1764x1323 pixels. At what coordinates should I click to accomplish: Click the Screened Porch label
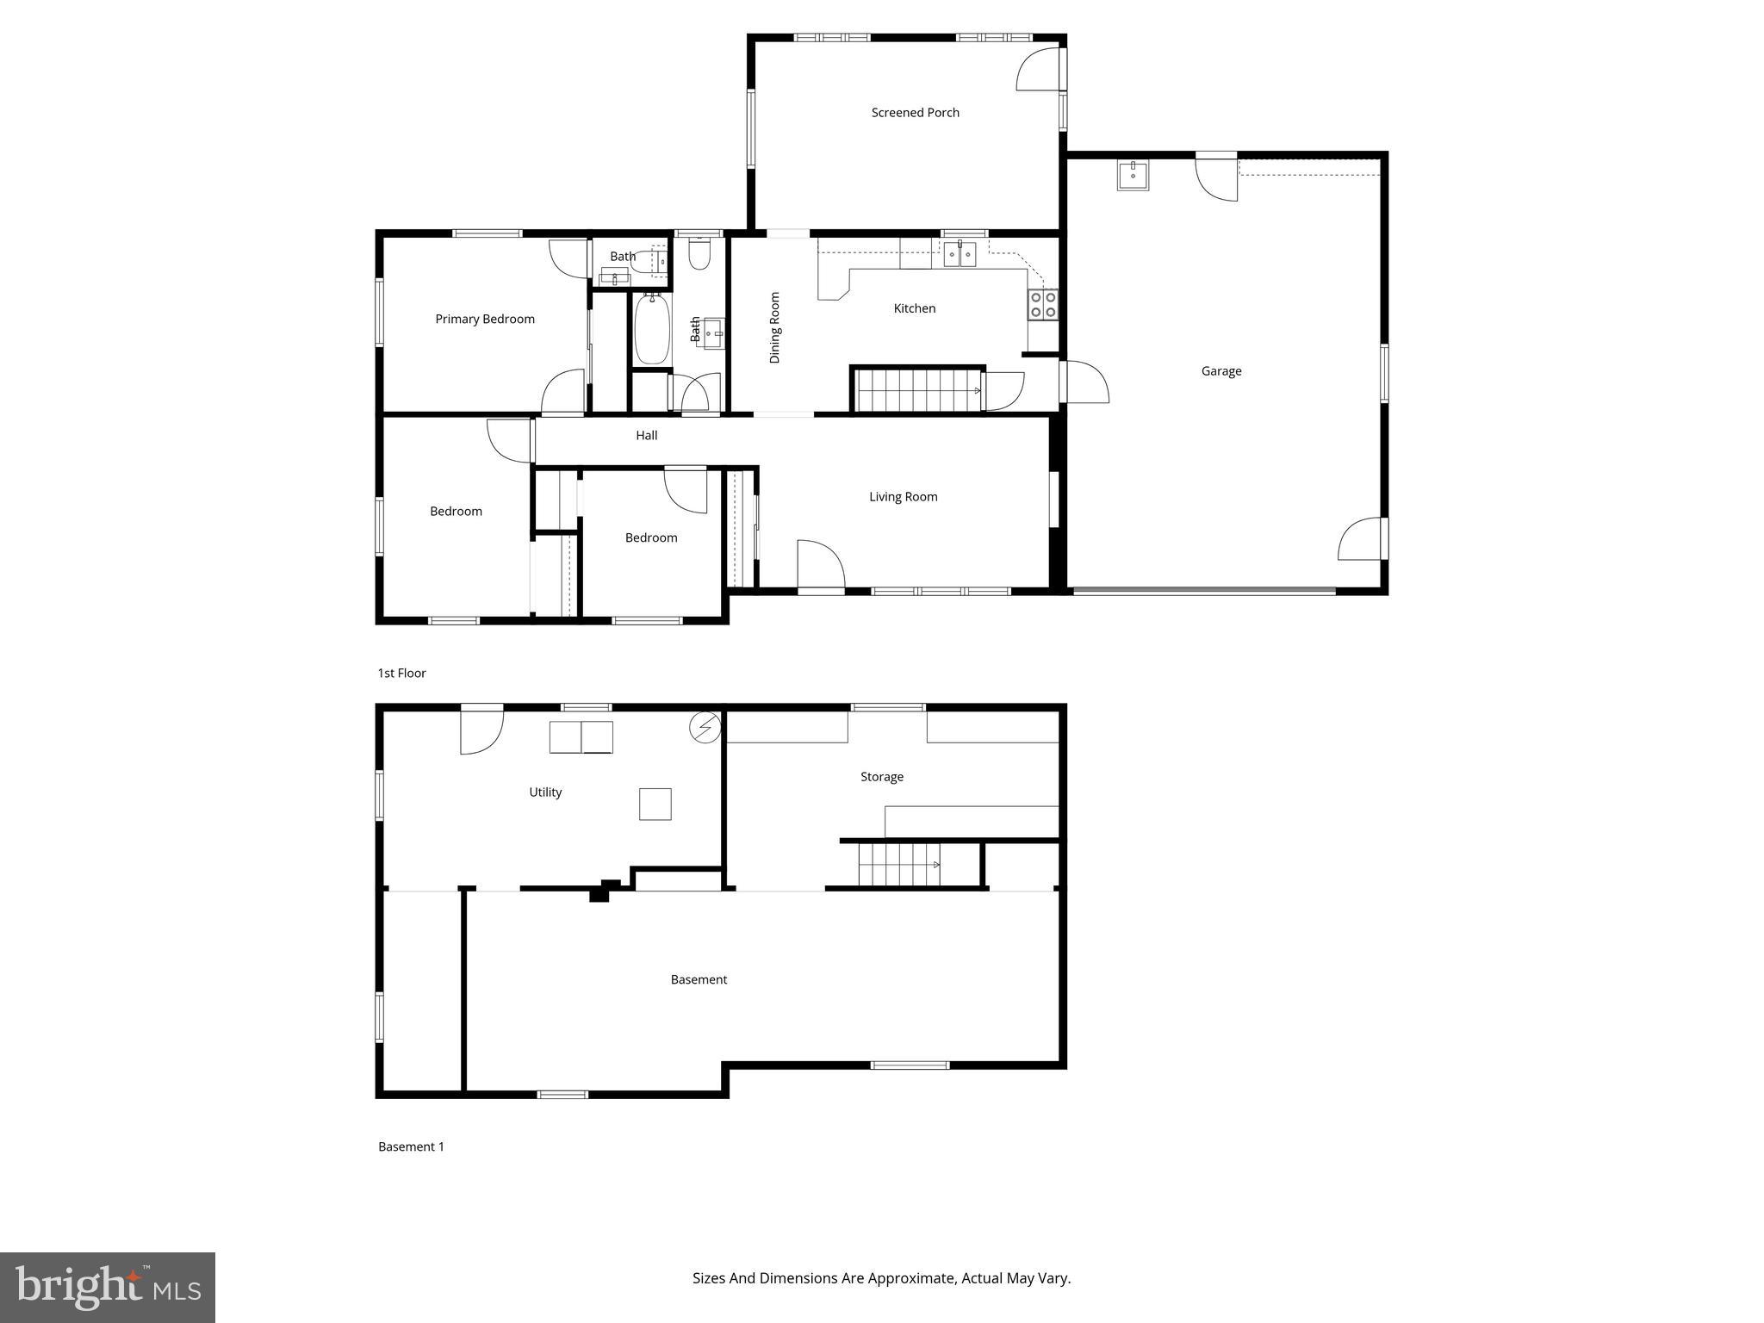pyautogui.click(x=915, y=113)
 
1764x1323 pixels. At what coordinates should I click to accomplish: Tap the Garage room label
pyautogui.click(x=1221, y=371)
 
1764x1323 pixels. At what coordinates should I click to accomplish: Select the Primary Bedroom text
pyautogui.click(x=484, y=320)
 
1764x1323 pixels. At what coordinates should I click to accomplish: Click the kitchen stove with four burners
pyautogui.click(x=1042, y=305)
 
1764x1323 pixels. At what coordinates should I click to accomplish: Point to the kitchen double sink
pyautogui.click(x=960, y=253)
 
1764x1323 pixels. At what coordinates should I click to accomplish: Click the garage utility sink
pyautogui.click(x=1133, y=175)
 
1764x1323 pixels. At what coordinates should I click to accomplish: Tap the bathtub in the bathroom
pyautogui.click(x=652, y=328)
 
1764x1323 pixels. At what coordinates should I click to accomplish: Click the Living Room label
pyautogui.click(x=903, y=497)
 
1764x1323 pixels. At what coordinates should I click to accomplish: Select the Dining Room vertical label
pyautogui.click(x=774, y=327)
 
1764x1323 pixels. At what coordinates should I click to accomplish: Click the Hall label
pyautogui.click(x=646, y=436)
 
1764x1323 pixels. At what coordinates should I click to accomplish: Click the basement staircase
pyautogui.click(x=901, y=864)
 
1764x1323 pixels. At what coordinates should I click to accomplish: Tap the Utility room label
pyautogui.click(x=545, y=792)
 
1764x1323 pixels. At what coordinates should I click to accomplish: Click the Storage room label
pyautogui.click(x=882, y=777)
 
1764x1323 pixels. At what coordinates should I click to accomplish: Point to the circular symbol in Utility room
pyautogui.click(x=705, y=728)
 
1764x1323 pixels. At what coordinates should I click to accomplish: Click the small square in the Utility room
pyautogui.click(x=655, y=804)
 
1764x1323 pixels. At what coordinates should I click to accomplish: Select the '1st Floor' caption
pyautogui.click(x=401, y=674)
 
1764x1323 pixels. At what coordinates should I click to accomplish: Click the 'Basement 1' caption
pyautogui.click(x=411, y=1147)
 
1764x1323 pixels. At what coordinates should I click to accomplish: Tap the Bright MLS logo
pyautogui.click(x=108, y=1287)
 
